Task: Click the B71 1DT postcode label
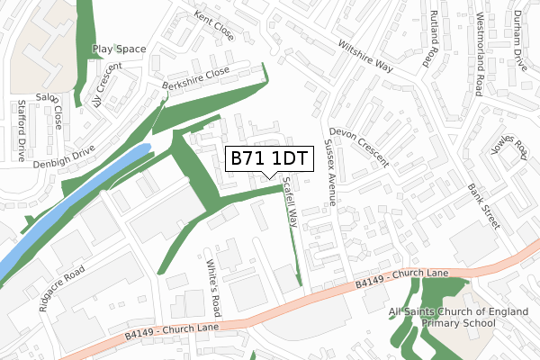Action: click(270, 158)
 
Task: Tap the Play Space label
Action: click(119, 49)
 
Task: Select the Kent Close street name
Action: click(213, 27)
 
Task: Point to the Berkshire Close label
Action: click(191, 79)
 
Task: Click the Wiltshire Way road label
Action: click(366, 55)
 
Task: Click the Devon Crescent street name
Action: click(359, 146)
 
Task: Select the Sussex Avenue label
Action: click(328, 173)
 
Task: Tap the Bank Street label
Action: click(484, 206)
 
